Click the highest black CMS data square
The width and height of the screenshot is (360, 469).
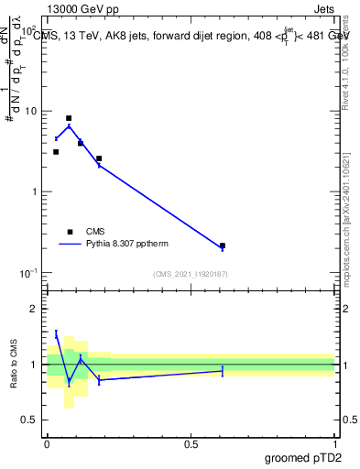(x=69, y=118)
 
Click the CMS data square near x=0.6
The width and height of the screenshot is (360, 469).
(x=223, y=245)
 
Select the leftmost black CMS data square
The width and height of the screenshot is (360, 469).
(x=56, y=152)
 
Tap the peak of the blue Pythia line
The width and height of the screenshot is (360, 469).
(x=69, y=125)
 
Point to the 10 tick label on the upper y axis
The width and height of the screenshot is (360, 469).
(x=30, y=111)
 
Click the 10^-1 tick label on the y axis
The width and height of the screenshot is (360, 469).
(x=27, y=273)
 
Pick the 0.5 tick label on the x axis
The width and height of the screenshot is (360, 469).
(x=191, y=444)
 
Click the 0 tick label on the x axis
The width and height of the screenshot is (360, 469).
(x=47, y=444)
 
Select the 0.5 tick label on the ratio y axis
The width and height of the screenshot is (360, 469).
(x=28, y=420)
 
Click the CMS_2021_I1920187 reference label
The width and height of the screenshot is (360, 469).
(x=191, y=274)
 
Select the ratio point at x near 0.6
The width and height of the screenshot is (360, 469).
(x=223, y=370)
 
